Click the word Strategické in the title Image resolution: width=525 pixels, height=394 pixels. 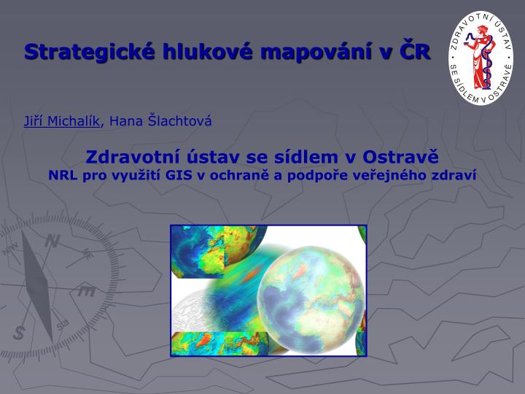pos(90,53)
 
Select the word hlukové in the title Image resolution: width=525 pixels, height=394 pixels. pos(208,52)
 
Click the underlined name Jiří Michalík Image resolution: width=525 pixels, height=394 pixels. pos(61,120)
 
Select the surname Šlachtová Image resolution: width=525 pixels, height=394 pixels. pos(180,120)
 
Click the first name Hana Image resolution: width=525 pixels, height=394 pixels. pos(126,121)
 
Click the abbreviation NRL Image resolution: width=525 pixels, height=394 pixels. pos(63,175)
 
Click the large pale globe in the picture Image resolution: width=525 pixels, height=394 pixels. pos(311,300)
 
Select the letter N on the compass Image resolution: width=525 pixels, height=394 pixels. pos(52,241)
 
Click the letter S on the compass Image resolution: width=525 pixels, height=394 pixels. pos(19,333)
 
